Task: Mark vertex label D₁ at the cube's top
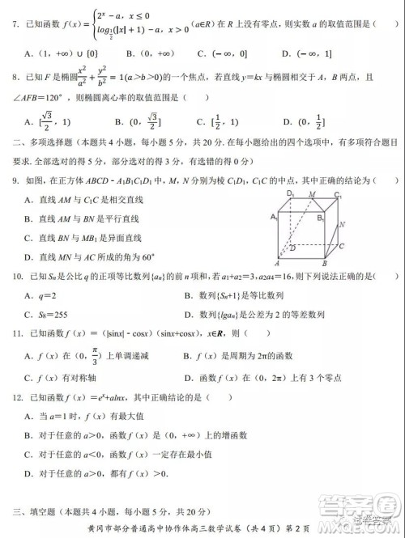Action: tap(289, 195)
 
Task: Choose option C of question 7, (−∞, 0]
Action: tap(216, 53)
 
